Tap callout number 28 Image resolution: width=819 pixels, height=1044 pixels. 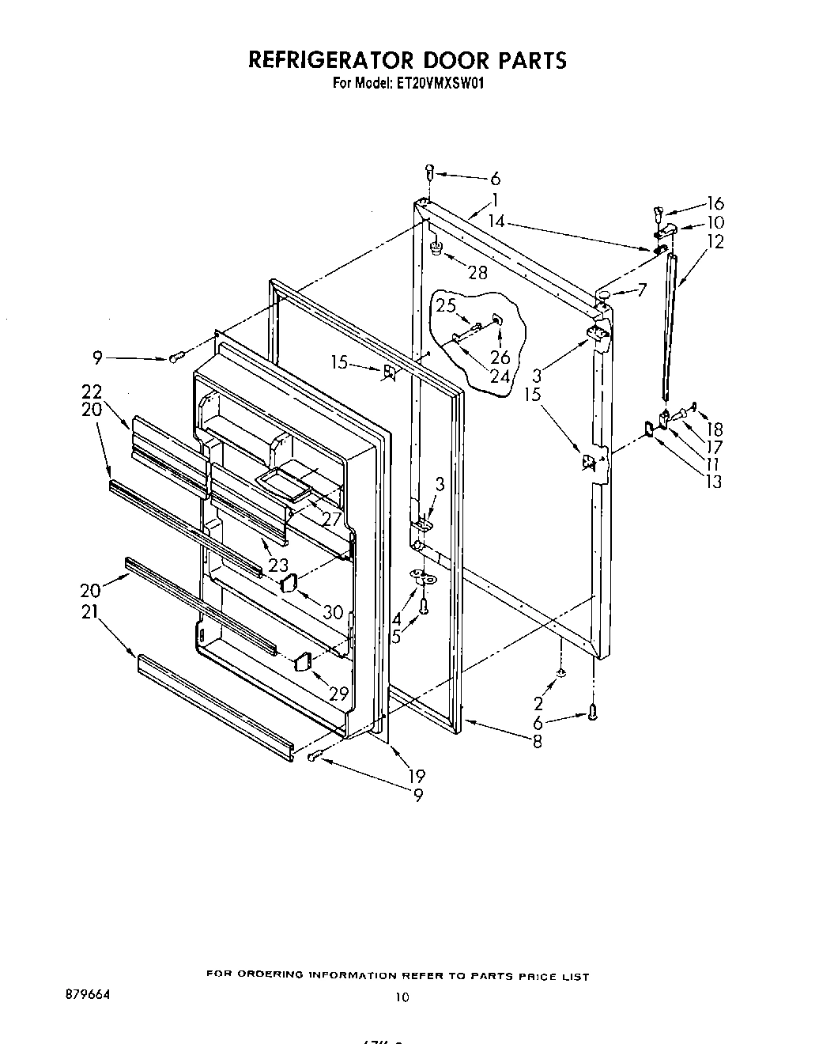pyautogui.click(x=477, y=272)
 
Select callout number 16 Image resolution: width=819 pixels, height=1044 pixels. pyautogui.click(x=715, y=203)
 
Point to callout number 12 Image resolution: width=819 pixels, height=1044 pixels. pyautogui.click(x=715, y=242)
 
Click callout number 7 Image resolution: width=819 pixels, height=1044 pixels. pyautogui.click(x=642, y=291)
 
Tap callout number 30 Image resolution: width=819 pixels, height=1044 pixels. pyautogui.click(x=333, y=611)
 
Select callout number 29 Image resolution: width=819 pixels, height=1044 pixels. pyautogui.click(x=338, y=694)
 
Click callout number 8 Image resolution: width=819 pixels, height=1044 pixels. pyautogui.click(x=537, y=742)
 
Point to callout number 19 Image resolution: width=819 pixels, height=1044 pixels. pyautogui.click(x=417, y=776)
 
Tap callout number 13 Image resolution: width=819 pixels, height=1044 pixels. pyautogui.click(x=714, y=482)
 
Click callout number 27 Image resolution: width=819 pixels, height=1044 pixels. pyautogui.click(x=330, y=520)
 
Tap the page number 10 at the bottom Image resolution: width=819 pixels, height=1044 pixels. pyautogui.click(x=402, y=998)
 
